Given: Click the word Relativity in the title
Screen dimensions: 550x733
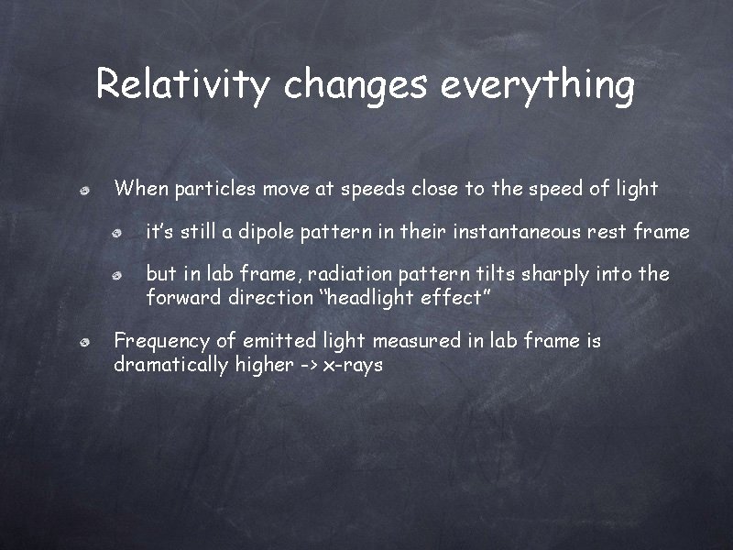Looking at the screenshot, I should point(184,85).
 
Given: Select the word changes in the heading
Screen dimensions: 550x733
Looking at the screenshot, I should point(355,85).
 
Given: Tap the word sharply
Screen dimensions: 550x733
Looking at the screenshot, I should point(555,274).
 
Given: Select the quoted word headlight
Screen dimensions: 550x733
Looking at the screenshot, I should point(366,298).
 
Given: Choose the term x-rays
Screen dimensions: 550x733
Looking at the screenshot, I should point(353,365).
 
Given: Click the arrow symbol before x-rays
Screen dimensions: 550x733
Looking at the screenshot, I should point(308,365).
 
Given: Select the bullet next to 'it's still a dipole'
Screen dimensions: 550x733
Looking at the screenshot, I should point(117,233).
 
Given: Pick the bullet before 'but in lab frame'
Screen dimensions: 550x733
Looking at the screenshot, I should point(117,275).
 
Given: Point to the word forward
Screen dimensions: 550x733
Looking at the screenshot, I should point(181,298).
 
